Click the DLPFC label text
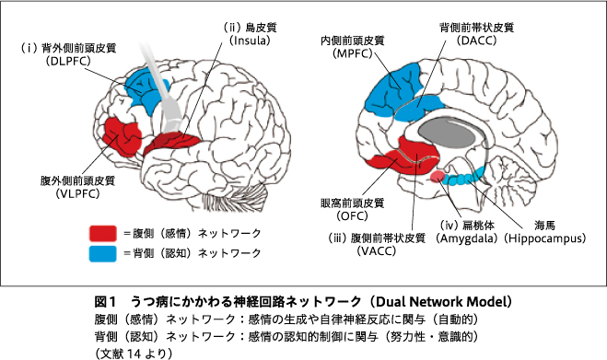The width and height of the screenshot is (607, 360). click(x=68, y=61)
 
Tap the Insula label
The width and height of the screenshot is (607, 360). click(x=250, y=41)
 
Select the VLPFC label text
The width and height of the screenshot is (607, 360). click(x=77, y=193)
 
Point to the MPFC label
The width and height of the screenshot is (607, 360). click(x=352, y=53)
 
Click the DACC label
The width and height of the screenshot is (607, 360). click(x=476, y=41)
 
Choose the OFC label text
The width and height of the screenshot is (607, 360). click(x=352, y=215)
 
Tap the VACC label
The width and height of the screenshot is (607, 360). click(x=377, y=250)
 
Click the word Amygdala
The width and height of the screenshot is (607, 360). click(x=467, y=238)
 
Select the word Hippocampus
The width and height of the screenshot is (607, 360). click(x=545, y=238)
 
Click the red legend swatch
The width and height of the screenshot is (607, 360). click(x=103, y=234)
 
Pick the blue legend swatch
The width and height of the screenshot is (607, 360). click(x=103, y=254)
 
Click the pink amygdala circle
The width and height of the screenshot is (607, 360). click(x=438, y=176)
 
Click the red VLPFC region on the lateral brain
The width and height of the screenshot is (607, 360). click(x=121, y=137)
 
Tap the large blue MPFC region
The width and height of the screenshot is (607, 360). click(x=395, y=90)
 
